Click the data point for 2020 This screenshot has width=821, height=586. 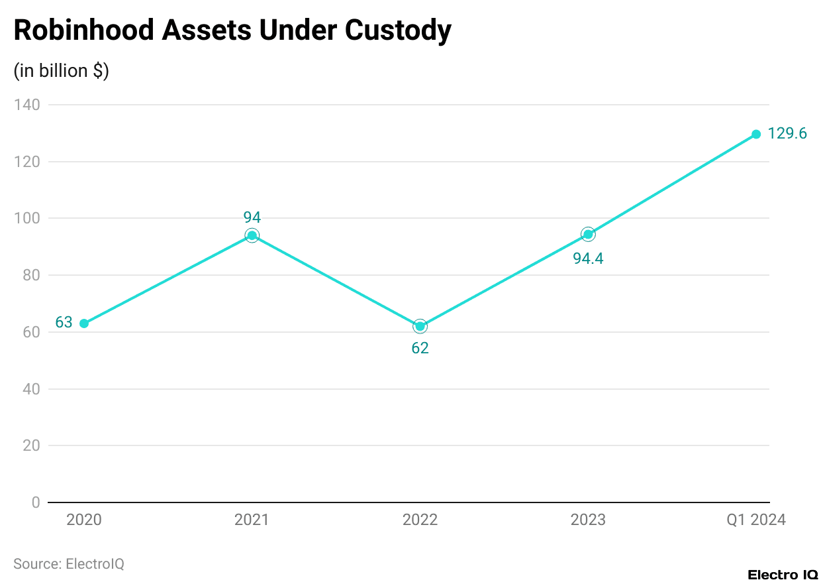pyautogui.click(x=84, y=323)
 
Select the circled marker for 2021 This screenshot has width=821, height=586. pyautogui.click(x=252, y=235)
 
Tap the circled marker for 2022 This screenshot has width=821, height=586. pyautogui.click(x=420, y=326)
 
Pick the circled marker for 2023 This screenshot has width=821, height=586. pyautogui.click(x=588, y=234)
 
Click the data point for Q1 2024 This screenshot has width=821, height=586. pyautogui.click(x=756, y=135)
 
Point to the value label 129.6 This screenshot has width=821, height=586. pyautogui.click(x=787, y=134)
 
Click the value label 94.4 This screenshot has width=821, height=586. pyautogui.click(x=588, y=259)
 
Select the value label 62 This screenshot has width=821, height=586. pyautogui.click(x=420, y=349)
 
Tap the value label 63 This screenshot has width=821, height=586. pyautogui.click(x=64, y=323)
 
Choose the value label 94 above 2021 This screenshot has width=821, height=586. pyautogui.click(x=252, y=217)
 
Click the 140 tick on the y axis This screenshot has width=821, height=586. pyautogui.click(x=27, y=105)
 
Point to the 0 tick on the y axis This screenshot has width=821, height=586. pyautogui.click(x=35, y=502)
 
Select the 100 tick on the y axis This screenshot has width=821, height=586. pyautogui.click(x=27, y=218)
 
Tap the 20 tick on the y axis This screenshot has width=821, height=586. pyautogui.click(x=31, y=445)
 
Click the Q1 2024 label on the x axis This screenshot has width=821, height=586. pyautogui.click(x=756, y=520)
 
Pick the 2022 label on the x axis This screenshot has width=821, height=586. pyautogui.click(x=420, y=520)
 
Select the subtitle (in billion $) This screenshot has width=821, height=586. pyautogui.click(x=62, y=71)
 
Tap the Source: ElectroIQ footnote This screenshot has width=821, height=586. pyautogui.click(x=69, y=564)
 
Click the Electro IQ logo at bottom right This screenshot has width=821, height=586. pyautogui.click(x=782, y=575)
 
